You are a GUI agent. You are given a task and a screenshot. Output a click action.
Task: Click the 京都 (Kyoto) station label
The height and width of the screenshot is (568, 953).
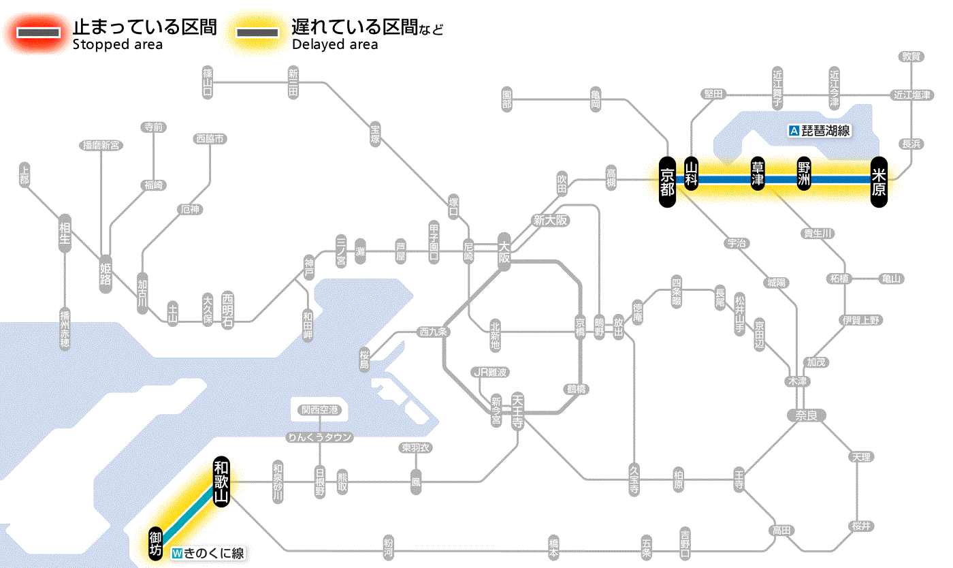(x=667, y=180)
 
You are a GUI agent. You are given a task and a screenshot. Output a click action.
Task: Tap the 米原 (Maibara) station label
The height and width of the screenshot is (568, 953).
(x=879, y=180)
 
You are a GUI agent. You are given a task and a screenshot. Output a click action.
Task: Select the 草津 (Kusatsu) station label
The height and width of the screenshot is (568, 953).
(x=758, y=174)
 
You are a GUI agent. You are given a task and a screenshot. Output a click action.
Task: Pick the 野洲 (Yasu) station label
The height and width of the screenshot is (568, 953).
(x=805, y=174)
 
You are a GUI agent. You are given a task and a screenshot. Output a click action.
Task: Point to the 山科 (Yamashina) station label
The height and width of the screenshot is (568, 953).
(x=692, y=174)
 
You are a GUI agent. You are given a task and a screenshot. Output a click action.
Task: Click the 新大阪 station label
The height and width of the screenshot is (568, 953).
(x=551, y=220)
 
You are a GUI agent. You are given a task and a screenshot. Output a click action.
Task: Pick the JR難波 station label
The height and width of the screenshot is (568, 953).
(x=490, y=372)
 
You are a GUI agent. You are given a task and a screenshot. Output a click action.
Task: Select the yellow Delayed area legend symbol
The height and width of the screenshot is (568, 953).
(x=257, y=33)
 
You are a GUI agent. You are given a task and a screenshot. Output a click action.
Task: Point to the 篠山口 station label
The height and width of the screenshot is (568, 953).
(x=208, y=82)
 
